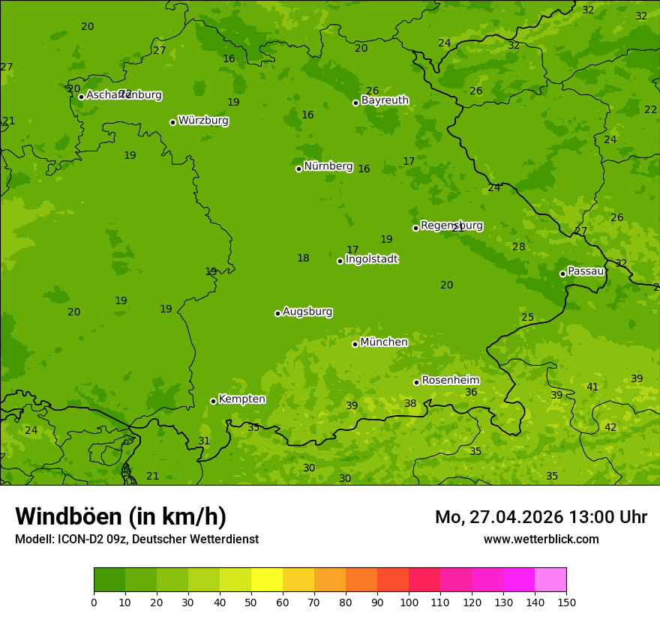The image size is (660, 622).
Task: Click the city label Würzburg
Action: point(203,121)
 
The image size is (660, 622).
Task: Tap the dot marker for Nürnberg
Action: point(298,169)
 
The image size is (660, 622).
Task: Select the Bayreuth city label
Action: point(385,100)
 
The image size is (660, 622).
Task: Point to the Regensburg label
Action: point(451,226)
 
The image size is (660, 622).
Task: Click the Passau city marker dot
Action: point(562,274)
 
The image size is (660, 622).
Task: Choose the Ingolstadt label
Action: point(371,259)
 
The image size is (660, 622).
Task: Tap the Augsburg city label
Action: point(307,312)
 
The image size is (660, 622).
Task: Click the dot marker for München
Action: point(355,344)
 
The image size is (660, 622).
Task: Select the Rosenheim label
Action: point(450,381)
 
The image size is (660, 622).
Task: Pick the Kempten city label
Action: point(241,399)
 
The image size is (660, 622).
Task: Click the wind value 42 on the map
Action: point(610,427)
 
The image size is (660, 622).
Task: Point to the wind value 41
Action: point(592,387)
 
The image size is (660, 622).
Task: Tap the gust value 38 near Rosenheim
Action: point(410,404)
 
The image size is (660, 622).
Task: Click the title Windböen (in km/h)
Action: point(121,516)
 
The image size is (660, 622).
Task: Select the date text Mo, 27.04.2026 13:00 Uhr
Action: point(541,517)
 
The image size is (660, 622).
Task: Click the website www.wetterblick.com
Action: point(541,540)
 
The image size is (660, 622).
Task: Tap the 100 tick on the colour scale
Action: point(409,602)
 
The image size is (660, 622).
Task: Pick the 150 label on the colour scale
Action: point(566,602)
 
